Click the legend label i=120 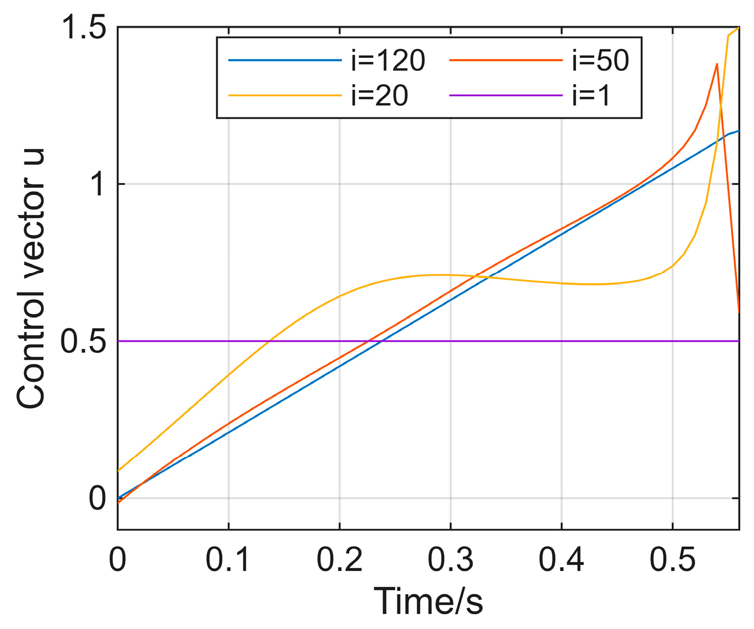(387, 62)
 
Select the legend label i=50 (600, 62)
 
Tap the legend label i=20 (379, 96)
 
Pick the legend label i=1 (591, 96)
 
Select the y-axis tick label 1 (98, 184)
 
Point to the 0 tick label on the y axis (98, 498)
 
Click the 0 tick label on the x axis (118, 559)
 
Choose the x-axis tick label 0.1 (229, 559)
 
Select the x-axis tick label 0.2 (339, 559)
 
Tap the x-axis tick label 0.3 (451, 559)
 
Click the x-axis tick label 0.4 (561, 559)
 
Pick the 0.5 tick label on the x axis (672, 559)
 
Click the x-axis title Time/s (428, 600)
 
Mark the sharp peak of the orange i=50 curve (716, 64)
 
